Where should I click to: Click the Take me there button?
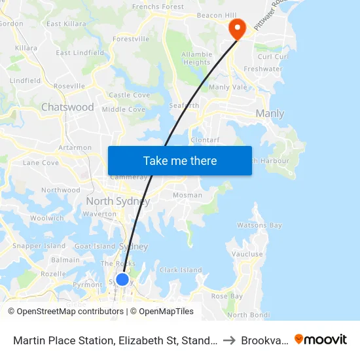179,160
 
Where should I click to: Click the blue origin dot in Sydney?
122,279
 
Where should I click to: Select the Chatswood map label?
67,107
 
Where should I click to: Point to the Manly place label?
270,113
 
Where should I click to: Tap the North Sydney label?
118,201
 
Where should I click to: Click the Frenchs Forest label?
158,7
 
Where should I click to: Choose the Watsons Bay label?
259,225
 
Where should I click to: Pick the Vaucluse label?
247,254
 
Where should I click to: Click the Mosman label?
187,195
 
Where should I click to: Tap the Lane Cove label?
41,162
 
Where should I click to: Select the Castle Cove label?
129,95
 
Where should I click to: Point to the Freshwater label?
262,69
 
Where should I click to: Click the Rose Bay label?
226,296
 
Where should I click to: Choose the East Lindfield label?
80,52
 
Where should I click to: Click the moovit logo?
321,340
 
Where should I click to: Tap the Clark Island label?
181,270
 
